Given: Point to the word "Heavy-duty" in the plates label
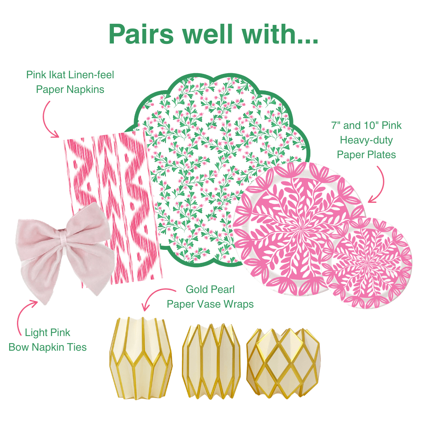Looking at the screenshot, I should click(366, 140).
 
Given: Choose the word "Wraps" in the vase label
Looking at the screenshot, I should click(238, 304).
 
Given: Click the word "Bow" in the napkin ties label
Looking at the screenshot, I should click(19, 347).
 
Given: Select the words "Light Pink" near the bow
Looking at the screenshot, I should click(47, 333).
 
